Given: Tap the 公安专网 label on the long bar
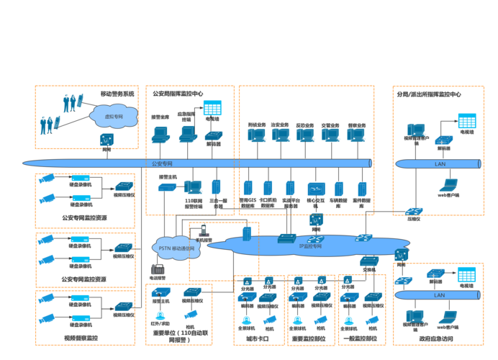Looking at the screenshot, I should [x=162, y=163].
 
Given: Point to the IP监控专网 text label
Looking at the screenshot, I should [x=311, y=246].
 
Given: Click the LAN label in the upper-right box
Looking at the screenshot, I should [x=440, y=164].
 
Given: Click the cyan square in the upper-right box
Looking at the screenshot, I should [x=467, y=120].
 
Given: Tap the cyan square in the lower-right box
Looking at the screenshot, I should [x=466, y=274].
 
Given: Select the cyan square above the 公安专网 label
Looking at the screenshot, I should [x=212, y=108].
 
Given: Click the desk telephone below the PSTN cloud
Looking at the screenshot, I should [x=158, y=271].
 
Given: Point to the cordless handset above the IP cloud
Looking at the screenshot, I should [x=204, y=232].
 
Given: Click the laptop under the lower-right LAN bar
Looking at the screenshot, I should [x=448, y=317].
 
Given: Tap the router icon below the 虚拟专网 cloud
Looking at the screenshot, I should [x=107, y=139].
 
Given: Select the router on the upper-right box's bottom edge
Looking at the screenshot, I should [x=414, y=212].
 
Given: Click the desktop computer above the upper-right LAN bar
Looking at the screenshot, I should [x=416, y=130].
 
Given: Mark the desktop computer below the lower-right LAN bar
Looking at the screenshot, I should [x=415, y=316].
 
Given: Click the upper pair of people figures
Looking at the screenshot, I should [x=71, y=102].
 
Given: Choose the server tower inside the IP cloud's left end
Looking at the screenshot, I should [x=246, y=233].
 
